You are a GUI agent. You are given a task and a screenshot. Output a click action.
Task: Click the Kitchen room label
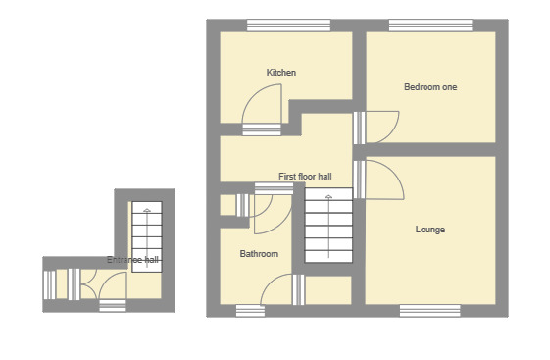[281, 73]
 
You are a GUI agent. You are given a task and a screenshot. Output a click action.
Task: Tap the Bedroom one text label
[430, 87]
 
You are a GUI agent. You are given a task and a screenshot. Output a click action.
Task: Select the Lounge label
[430, 230]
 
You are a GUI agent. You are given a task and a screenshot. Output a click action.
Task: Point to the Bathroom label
[259, 254]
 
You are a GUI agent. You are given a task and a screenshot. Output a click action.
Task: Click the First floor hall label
[305, 177]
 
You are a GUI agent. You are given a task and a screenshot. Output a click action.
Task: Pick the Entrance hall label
[133, 260]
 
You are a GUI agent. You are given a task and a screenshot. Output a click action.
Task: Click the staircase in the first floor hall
[328, 227]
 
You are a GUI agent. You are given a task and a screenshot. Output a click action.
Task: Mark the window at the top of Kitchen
[275, 26]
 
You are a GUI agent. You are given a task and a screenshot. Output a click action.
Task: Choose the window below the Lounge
[429, 310]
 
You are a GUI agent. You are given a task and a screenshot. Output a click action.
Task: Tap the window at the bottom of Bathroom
[250, 310]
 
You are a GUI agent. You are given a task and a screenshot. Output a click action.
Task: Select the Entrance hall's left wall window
[49, 283]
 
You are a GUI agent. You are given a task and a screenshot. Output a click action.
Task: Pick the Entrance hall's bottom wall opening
[113, 306]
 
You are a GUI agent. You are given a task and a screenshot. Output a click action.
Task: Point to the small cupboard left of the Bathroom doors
[227, 204]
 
